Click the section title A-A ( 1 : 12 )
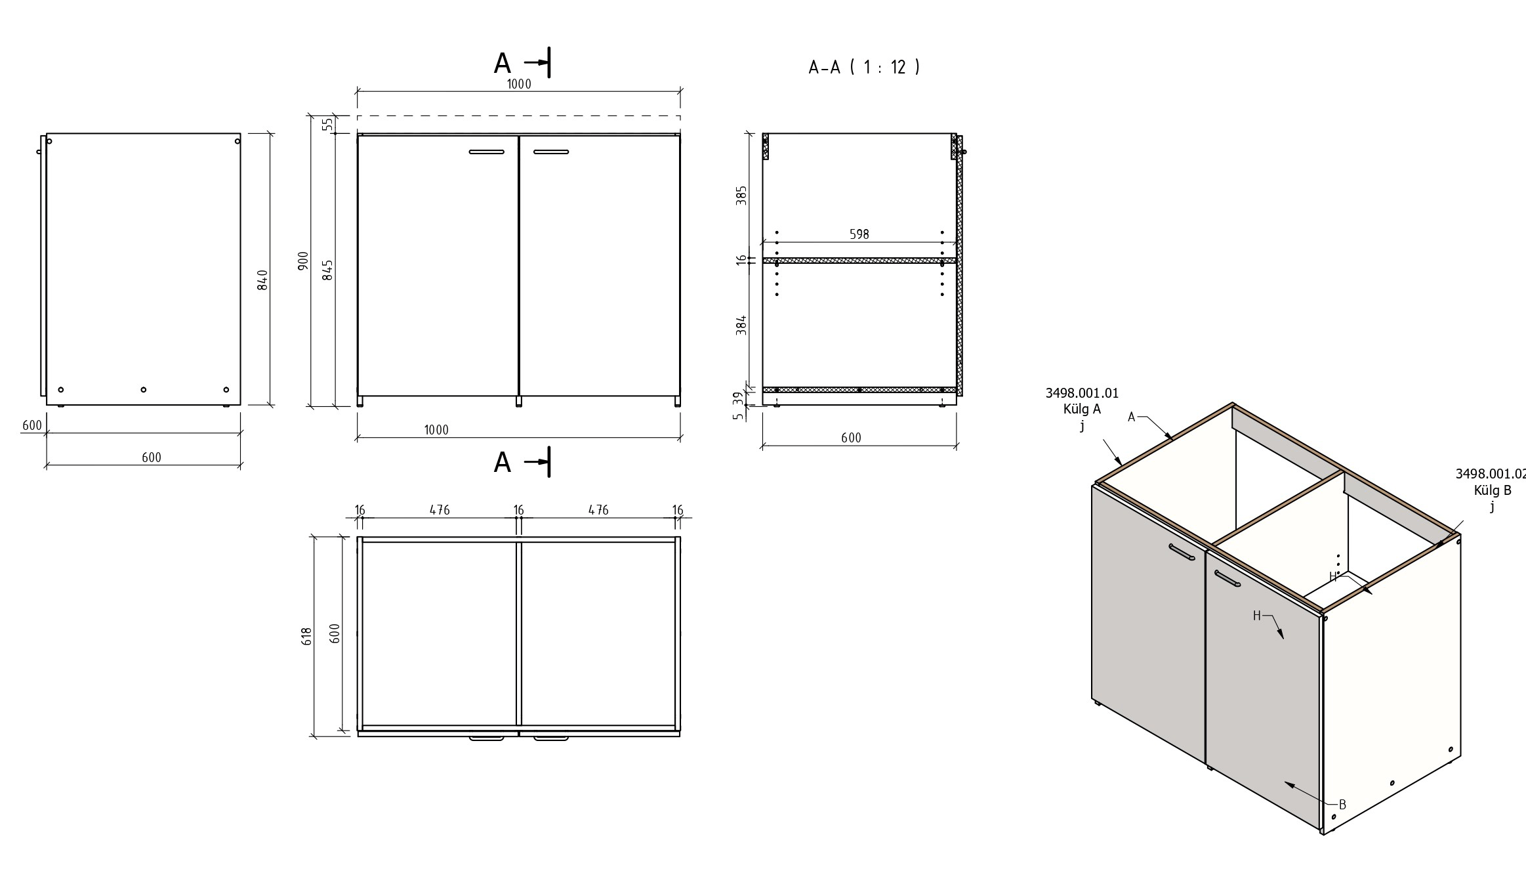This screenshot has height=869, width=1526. tap(864, 67)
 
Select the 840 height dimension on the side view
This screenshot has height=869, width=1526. tap(262, 280)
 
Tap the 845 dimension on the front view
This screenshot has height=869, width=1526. tap(328, 270)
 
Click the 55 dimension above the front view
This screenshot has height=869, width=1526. tap(328, 123)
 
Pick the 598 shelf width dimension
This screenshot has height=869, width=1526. tap(859, 234)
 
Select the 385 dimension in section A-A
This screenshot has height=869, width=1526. tap(741, 196)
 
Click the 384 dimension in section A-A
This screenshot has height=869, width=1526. tap(741, 326)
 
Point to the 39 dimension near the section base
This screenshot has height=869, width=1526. tap(739, 398)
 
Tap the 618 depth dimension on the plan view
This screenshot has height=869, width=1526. tap(306, 636)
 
